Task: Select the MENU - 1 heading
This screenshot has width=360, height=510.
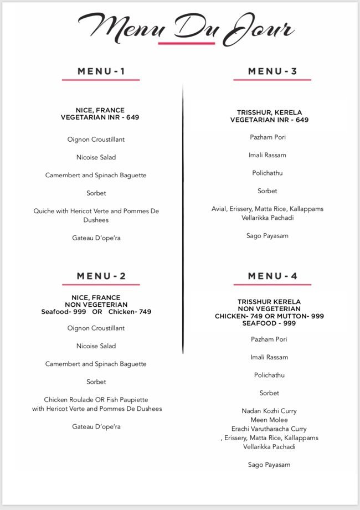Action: (101, 71)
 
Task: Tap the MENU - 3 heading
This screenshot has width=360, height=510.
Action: (272, 71)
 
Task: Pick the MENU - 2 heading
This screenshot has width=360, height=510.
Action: (101, 276)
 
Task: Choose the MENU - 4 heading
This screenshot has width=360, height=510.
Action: (272, 276)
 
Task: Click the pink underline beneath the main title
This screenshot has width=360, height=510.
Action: (186, 43)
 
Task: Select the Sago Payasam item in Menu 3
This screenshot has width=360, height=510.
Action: (268, 235)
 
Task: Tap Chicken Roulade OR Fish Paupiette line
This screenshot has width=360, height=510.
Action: (96, 399)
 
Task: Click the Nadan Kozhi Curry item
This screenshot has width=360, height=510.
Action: (269, 411)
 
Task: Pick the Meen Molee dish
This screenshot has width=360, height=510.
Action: (269, 420)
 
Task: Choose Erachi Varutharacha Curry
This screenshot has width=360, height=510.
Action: (269, 429)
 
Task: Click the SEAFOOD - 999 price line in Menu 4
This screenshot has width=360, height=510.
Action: (269, 323)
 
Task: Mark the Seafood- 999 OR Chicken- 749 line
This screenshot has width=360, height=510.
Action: (96, 312)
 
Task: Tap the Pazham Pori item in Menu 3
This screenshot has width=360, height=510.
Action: (268, 137)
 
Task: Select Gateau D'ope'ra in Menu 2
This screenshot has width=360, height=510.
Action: (96, 426)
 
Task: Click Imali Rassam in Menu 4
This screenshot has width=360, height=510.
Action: (269, 357)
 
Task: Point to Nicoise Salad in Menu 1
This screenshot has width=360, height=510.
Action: (96, 157)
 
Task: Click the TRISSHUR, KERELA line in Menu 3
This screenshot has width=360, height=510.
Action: (269, 112)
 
